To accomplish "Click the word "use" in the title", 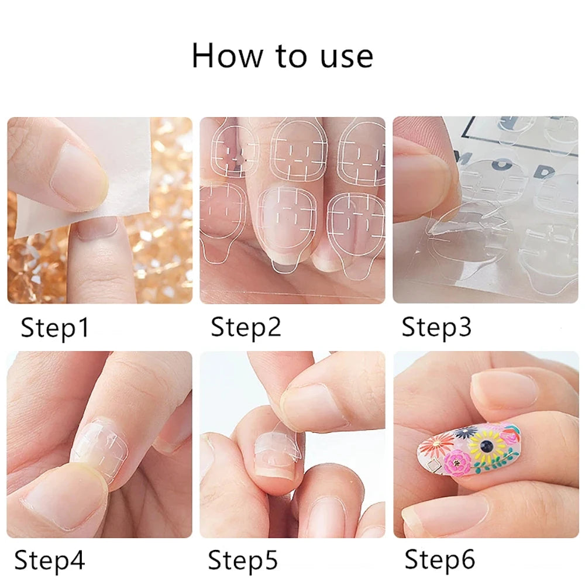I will (x=345, y=57).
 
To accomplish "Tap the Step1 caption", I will (x=55, y=328).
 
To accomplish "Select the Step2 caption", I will (x=246, y=327).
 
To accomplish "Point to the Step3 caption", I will (x=436, y=328).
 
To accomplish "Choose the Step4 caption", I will (x=49, y=560).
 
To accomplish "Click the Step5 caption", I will (x=243, y=560).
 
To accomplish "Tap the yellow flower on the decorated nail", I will (x=486, y=448).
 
